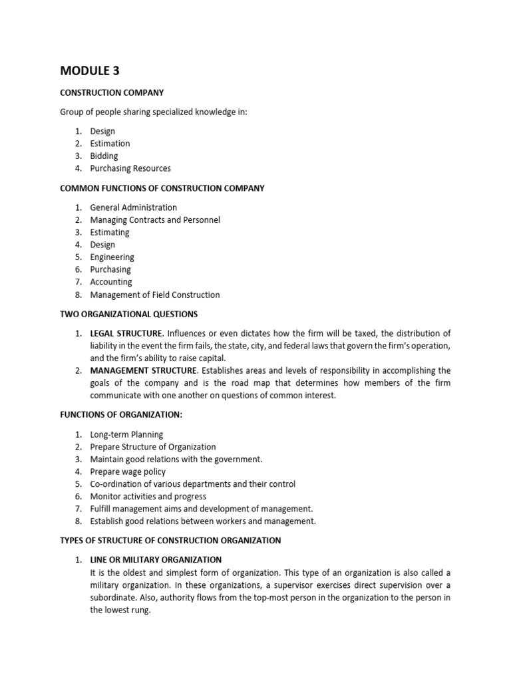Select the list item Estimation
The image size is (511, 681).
click(x=110, y=144)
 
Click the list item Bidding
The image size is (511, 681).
click(x=104, y=156)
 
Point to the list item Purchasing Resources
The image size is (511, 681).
click(x=130, y=168)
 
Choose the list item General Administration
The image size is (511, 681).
click(x=134, y=207)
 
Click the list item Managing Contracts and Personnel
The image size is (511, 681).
click(x=155, y=219)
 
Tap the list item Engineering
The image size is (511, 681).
click(x=112, y=257)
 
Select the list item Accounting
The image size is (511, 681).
click(x=111, y=282)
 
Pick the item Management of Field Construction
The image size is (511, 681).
click(x=155, y=295)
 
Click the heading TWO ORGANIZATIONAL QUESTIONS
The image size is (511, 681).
click(x=128, y=314)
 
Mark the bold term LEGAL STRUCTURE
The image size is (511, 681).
click(x=126, y=333)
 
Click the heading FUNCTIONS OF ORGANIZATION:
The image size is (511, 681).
click(x=120, y=415)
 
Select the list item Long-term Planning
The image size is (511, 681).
click(x=126, y=434)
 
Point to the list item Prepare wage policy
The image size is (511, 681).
click(x=128, y=472)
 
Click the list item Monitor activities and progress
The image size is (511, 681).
click(x=148, y=497)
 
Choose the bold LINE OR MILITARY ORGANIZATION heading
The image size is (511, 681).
click(x=156, y=560)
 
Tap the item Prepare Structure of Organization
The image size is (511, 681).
click(x=153, y=447)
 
